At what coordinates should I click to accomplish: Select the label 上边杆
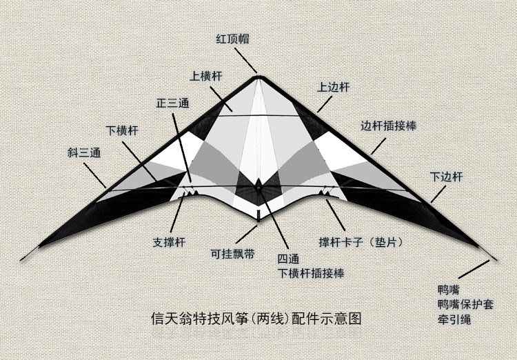pyautogui.click(x=334, y=88)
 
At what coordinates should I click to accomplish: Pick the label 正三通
pyautogui.click(x=171, y=103)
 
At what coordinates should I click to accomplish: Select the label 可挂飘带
pyautogui.click(x=232, y=253)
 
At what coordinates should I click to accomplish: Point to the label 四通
pyautogui.click(x=290, y=259)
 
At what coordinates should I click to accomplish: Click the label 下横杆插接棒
pyautogui.click(x=311, y=273)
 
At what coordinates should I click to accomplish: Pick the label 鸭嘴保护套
pyautogui.click(x=465, y=303)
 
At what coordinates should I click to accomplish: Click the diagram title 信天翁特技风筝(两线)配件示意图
pyautogui.click(x=256, y=319)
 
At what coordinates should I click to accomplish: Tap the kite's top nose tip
pyautogui.click(x=258, y=73)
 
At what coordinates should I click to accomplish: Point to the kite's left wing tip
pyautogui.click(x=23, y=260)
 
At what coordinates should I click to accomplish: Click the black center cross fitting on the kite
pyautogui.click(x=258, y=186)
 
